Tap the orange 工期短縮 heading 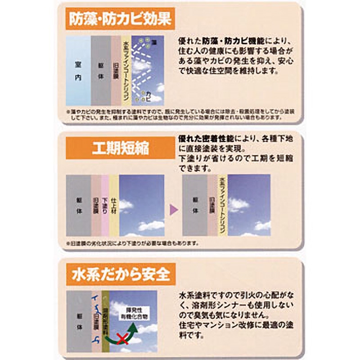[120, 147]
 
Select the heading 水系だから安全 [120, 274]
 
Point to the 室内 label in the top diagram [78, 71]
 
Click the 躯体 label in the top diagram [101, 71]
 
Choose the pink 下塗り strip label [104, 205]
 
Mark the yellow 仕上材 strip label [114, 205]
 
